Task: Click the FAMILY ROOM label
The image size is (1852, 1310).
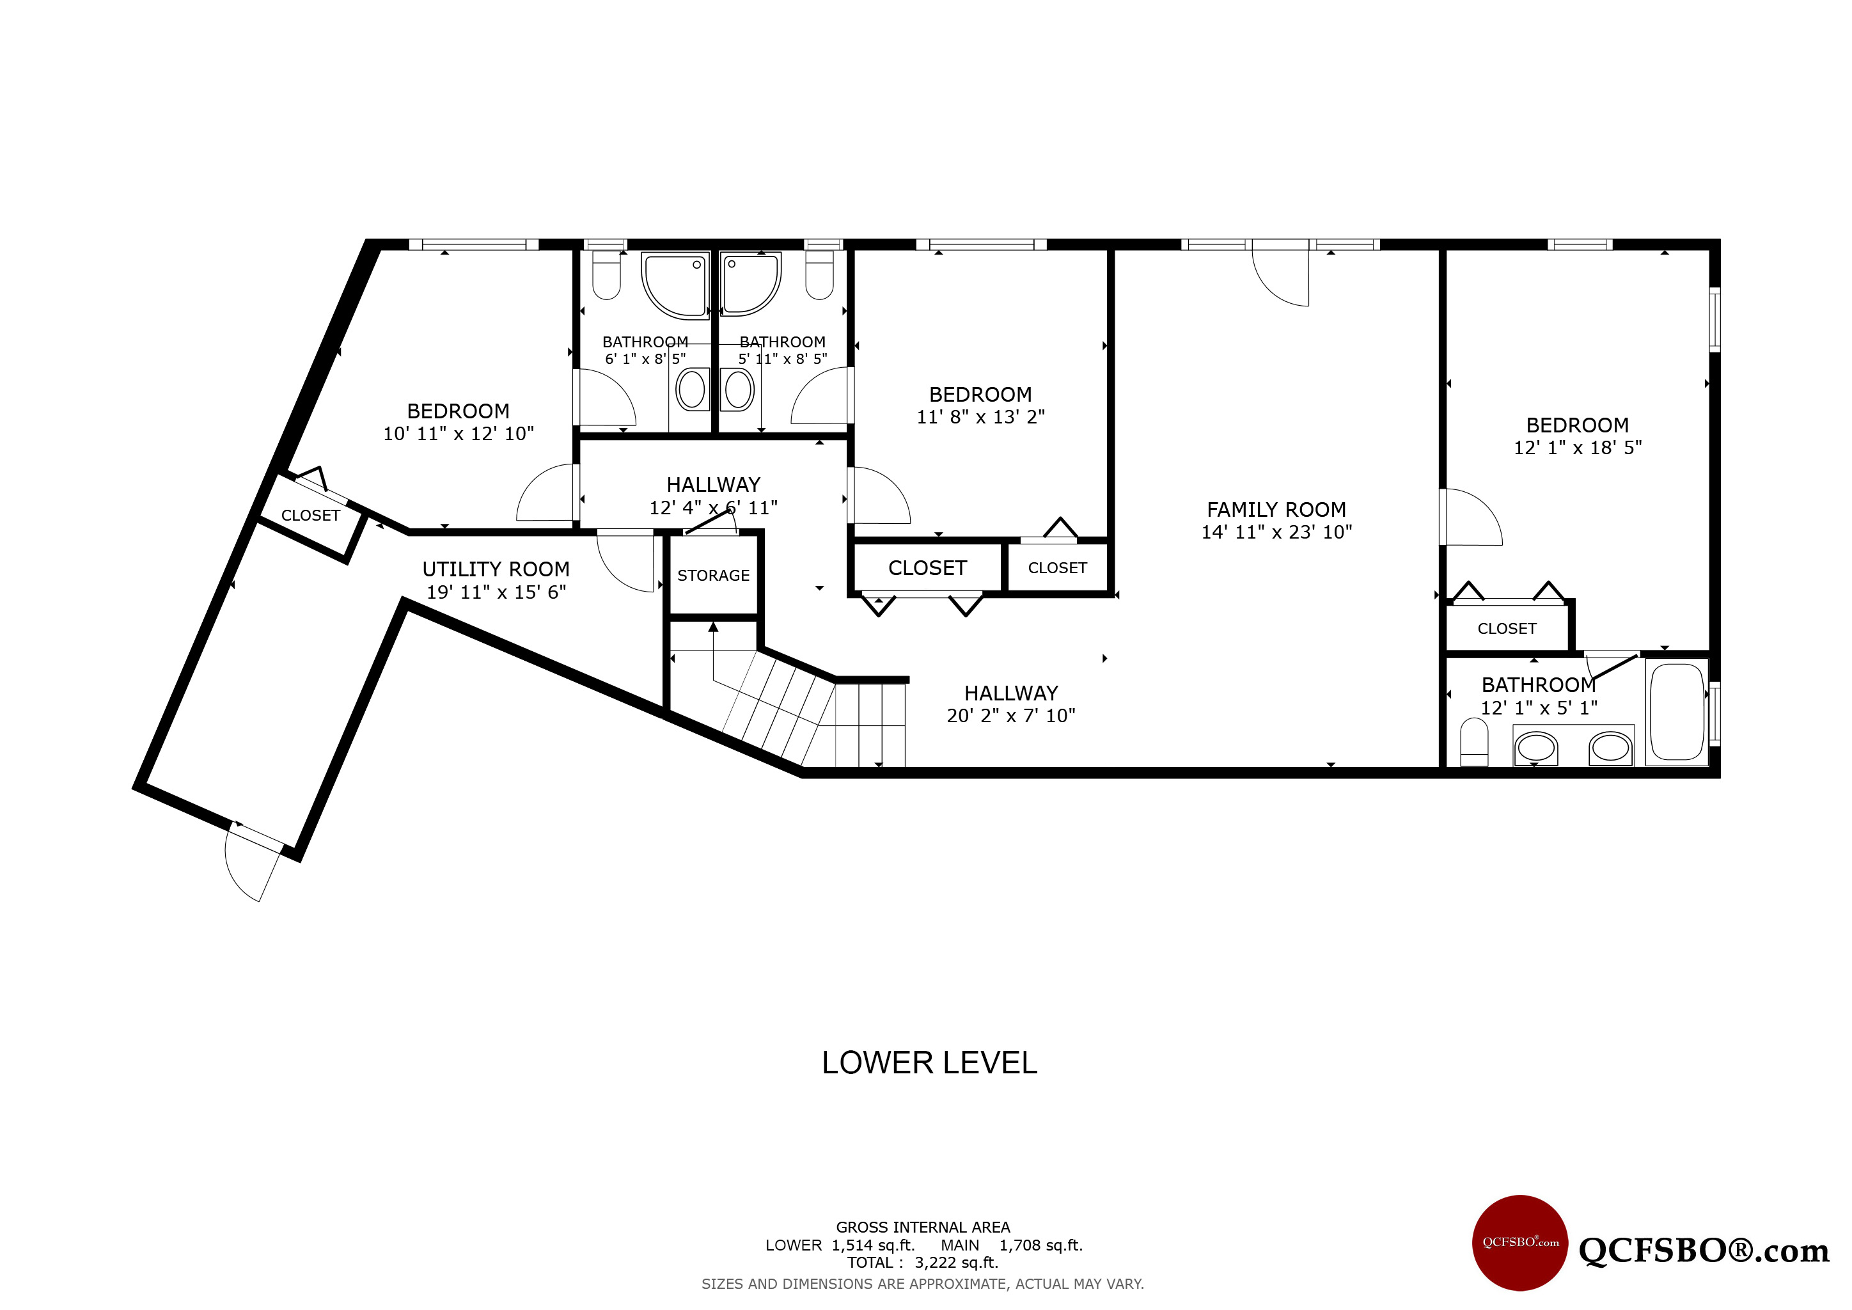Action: (x=1276, y=510)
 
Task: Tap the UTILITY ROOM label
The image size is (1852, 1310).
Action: (x=496, y=569)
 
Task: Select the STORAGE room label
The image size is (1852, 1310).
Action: (x=713, y=575)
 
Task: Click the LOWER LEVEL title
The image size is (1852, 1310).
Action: (x=929, y=1063)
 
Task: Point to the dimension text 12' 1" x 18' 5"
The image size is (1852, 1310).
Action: (x=1578, y=448)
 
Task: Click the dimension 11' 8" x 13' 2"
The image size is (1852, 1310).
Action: (x=981, y=417)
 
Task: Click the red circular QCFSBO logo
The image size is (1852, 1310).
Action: (x=1521, y=1243)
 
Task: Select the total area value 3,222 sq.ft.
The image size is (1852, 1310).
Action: (x=957, y=1263)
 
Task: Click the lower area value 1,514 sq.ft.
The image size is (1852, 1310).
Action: (x=874, y=1245)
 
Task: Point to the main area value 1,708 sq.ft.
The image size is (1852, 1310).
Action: (x=1041, y=1245)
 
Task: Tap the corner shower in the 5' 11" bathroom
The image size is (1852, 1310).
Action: (x=750, y=284)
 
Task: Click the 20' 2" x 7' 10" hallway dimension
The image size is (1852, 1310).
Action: (x=1010, y=716)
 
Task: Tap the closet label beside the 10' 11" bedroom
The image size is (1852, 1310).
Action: (x=311, y=516)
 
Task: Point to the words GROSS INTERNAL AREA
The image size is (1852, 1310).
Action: (x=923, y=1227)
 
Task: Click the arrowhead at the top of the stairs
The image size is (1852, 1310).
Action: (x=713, y=626)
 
